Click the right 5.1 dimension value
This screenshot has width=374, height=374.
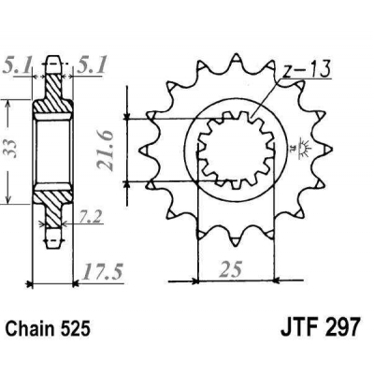tap(93, 66)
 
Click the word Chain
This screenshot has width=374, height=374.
tap(30, 328)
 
